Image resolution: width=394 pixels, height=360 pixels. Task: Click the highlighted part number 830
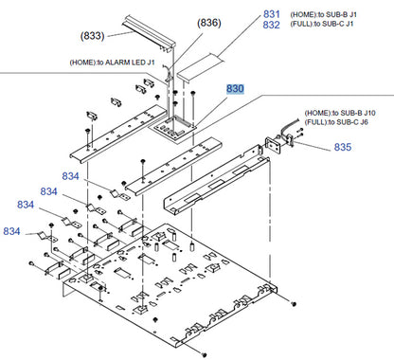point(235,89)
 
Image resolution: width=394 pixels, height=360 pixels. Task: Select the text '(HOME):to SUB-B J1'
point(322,14)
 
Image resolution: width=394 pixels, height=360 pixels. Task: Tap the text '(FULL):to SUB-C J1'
point(322,26)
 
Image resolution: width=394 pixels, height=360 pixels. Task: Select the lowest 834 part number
point(12,231)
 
